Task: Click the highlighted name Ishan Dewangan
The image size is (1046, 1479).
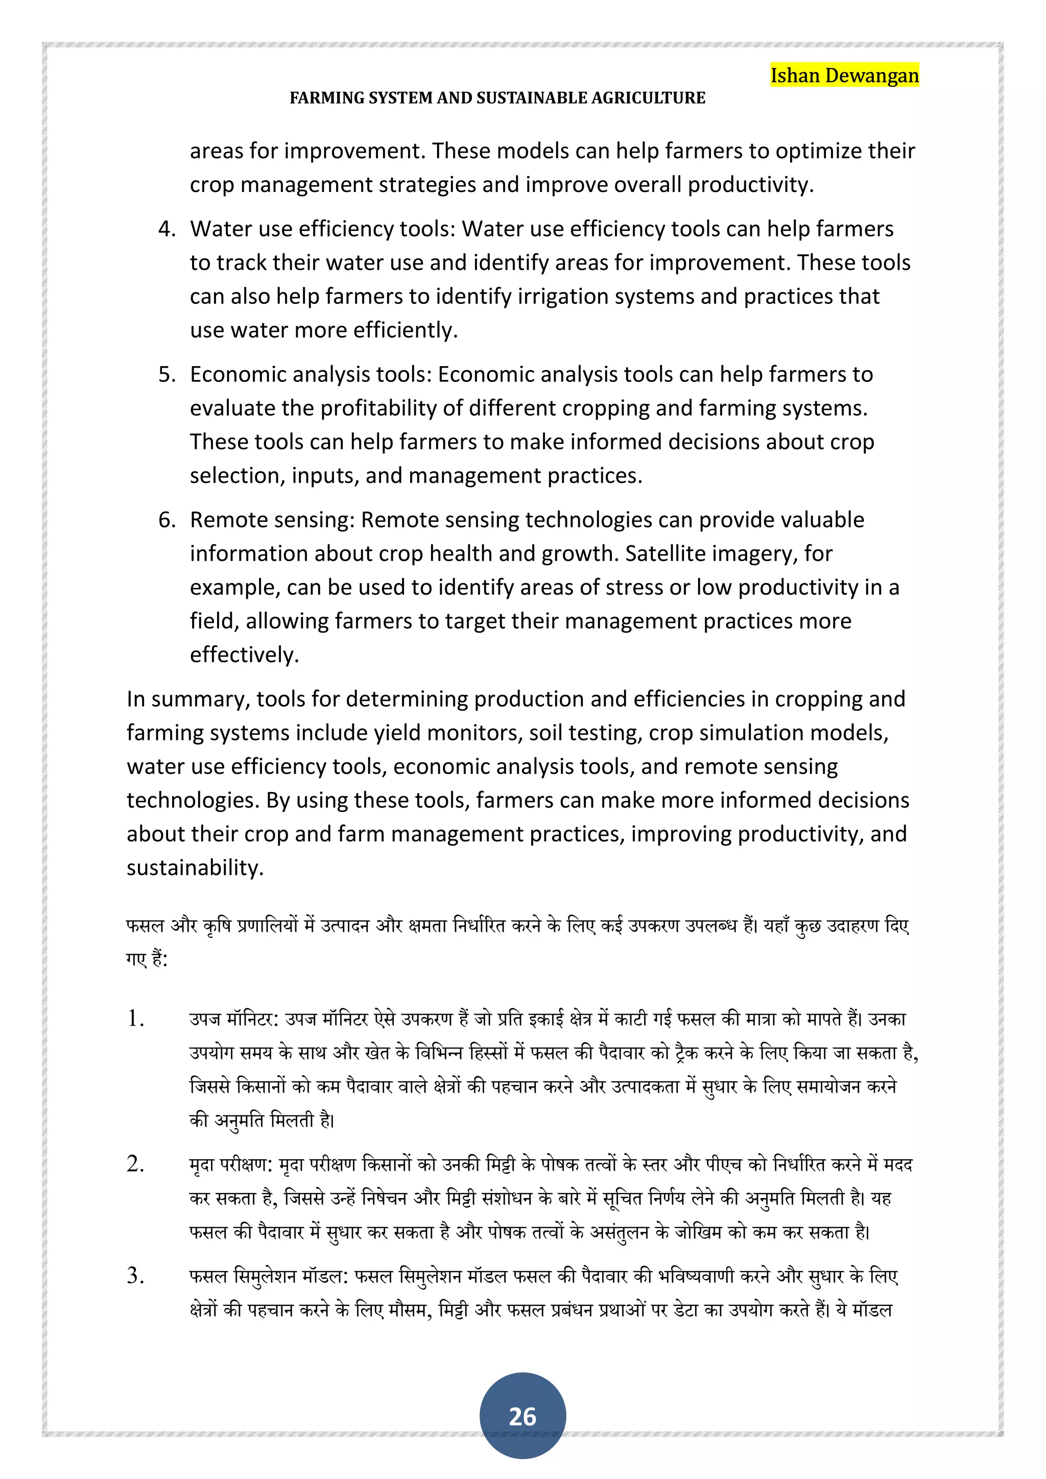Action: [x=844, y=76]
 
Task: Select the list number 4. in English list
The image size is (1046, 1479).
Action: [x=167, y=229]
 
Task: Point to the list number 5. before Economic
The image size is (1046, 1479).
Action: [x=167, y=375]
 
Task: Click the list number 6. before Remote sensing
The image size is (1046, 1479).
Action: [x=167, y=520]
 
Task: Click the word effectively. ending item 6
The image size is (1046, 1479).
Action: [x=244, y=655]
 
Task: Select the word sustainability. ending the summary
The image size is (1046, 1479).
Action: [x=195, y=868]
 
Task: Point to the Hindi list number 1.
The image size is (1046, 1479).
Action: [x=136, y=1019]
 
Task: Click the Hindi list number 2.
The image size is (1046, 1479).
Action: [x=136, y=1164]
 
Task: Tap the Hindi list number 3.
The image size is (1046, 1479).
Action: [x=136, y=1275]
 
